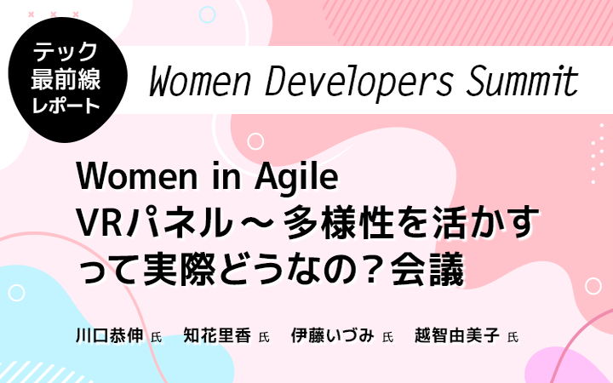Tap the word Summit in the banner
click(522, 81)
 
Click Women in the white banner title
click(200, 82)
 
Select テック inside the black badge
click(66, 52)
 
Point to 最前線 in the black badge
click(66, 79)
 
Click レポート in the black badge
click(66, 106)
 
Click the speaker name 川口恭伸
click(110, 335)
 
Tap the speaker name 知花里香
click(217, 335)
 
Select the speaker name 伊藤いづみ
click(333, 335)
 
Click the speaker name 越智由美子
click(457, 335)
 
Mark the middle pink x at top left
click(54, 14)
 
